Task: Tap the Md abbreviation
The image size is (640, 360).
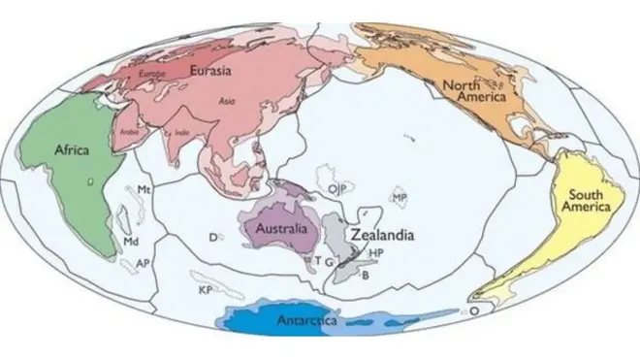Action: tap(131, 239)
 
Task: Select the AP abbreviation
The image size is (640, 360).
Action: tap(143, 263)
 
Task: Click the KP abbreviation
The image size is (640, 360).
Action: tap(205, 289)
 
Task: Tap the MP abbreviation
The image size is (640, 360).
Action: tap(399, 197)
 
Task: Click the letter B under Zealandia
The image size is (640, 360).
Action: tap(365, 275)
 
